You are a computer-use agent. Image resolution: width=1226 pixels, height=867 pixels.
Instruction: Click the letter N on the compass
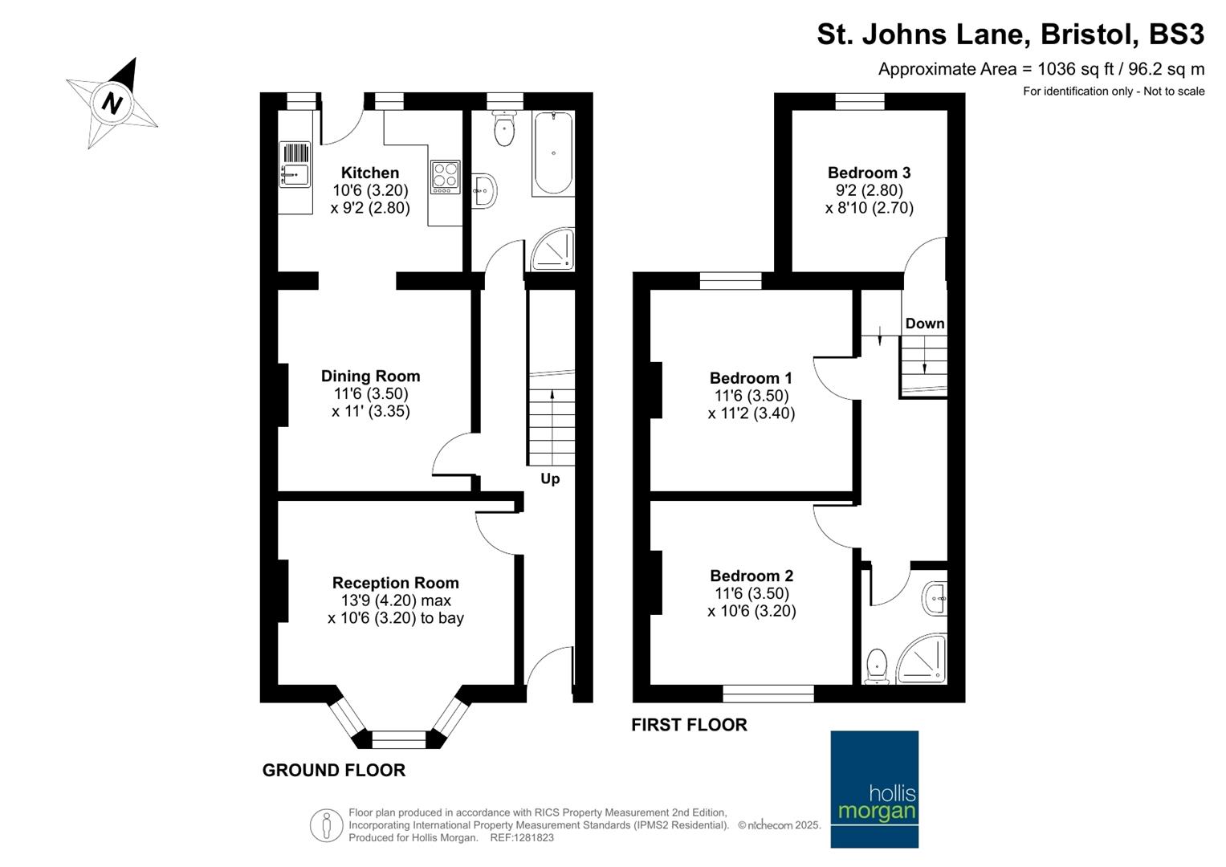[112, 103]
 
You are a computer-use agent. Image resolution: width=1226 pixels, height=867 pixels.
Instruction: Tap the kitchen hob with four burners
[445, 177]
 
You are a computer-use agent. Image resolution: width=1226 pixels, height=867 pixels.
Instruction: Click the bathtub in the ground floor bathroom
[553, 153]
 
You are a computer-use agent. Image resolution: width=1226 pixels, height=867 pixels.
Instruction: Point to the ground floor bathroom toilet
[504, 128]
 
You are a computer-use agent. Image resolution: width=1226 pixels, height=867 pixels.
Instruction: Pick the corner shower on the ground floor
[553, 249]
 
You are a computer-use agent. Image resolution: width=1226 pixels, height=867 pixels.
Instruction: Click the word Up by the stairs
[550, 479]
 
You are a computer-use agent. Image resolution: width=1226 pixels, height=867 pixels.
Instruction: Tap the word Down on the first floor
[925, 324]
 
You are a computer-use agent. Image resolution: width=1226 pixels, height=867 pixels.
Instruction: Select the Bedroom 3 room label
[870, 173]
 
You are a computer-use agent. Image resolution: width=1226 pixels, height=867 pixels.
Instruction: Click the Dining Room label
[371, 376]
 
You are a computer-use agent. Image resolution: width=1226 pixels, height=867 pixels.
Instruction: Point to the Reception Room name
[396, 582]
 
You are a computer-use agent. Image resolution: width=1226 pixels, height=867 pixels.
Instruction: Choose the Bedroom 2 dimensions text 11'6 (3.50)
[751, 593]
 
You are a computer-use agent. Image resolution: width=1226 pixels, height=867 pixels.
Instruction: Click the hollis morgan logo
[874, 788]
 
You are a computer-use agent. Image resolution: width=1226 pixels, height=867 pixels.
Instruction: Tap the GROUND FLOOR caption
[334, 770]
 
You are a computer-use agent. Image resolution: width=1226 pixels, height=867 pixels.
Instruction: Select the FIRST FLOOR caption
[689, 725]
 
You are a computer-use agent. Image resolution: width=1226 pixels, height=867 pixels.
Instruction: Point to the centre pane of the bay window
[399, 739]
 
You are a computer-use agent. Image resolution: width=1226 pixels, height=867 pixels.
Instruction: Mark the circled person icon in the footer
[327, 825]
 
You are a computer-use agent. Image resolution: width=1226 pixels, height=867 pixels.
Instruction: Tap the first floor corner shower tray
[923, 659]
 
